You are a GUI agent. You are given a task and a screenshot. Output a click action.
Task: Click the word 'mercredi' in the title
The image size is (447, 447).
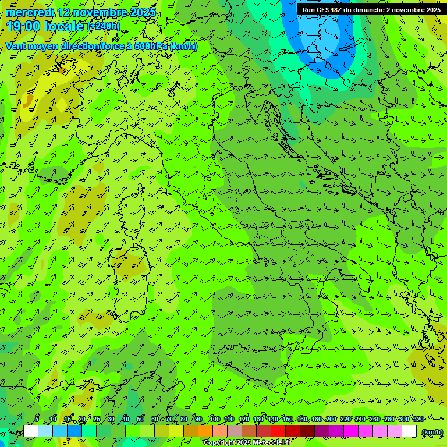click(30, 12)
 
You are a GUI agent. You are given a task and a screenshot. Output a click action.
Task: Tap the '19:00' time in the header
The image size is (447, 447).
click(24, 26)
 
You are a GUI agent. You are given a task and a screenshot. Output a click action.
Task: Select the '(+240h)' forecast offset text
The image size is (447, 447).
click(104, 26)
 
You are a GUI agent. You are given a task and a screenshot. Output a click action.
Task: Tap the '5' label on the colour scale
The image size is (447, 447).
click(37, 419)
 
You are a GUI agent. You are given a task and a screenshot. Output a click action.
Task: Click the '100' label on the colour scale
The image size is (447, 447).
click(215, 419)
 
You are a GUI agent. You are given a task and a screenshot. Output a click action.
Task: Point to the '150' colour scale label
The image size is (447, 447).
click(288, 419)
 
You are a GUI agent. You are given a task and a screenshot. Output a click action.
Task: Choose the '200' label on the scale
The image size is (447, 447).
click(331, 419)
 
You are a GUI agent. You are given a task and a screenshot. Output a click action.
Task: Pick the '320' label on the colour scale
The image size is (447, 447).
click(418, 419)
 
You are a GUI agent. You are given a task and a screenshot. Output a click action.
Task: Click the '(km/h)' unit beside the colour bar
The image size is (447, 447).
click(432, 432)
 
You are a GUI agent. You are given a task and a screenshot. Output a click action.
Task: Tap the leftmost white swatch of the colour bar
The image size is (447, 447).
click(31, 431)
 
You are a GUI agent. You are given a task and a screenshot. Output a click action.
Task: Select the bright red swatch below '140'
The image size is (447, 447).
click(279, 431)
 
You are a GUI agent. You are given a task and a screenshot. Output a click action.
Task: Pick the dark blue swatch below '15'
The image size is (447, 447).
click(74, 431)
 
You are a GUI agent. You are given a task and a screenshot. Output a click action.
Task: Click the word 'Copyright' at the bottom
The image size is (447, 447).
click(219, 443)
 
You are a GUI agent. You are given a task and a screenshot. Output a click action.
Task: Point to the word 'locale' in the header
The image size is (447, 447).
click(64, 26)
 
